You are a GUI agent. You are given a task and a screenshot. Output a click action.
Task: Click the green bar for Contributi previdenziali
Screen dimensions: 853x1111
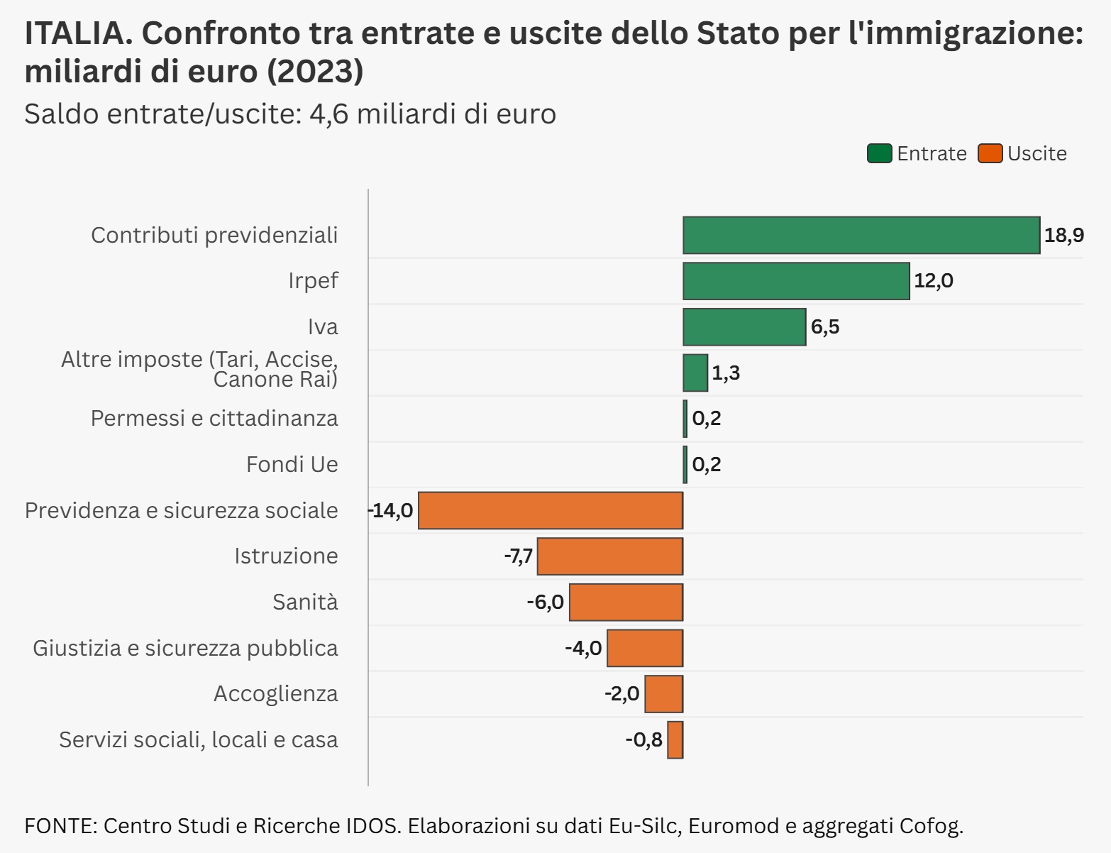click(861, 235)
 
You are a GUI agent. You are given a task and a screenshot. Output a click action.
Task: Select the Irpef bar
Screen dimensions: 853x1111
click(795, 281)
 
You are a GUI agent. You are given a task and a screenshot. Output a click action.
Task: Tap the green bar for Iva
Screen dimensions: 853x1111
click(744, 327)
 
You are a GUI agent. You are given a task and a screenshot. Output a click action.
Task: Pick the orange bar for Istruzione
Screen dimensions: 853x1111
click(610, 556)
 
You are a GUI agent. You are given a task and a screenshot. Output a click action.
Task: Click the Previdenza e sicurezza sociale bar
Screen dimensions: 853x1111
click(551, 510)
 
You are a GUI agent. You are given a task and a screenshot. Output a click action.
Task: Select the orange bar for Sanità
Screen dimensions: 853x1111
click(626, 602)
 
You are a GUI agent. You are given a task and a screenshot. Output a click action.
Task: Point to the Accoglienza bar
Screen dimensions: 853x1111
click(663, 694)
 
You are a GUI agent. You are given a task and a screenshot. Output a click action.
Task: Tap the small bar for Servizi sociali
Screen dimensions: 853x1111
click(675, 740)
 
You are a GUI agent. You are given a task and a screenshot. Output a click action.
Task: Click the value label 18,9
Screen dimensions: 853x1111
click(1063, 235)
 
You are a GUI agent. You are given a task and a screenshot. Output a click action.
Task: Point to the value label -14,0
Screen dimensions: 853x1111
click(391, 510)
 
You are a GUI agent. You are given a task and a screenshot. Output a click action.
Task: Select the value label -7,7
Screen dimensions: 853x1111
click(518, 556)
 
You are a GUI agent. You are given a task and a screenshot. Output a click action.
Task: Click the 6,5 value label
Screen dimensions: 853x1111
click(825, 327)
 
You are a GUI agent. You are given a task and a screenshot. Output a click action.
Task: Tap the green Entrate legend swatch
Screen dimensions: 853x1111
click(879, 153)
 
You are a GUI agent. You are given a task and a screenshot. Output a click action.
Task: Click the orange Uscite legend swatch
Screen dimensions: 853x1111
click(990, 153)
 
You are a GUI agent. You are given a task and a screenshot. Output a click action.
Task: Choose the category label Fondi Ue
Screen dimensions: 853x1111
click(292, 464)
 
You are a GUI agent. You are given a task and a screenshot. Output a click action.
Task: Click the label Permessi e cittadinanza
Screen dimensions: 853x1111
click(214, 419)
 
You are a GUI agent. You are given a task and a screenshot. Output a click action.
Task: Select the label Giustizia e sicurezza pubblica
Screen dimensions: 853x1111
click(185, 648)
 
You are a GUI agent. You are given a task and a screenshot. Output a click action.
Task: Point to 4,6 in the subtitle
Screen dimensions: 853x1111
click(329, 114)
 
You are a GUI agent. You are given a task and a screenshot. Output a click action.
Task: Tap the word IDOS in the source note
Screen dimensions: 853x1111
click(372, 826)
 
